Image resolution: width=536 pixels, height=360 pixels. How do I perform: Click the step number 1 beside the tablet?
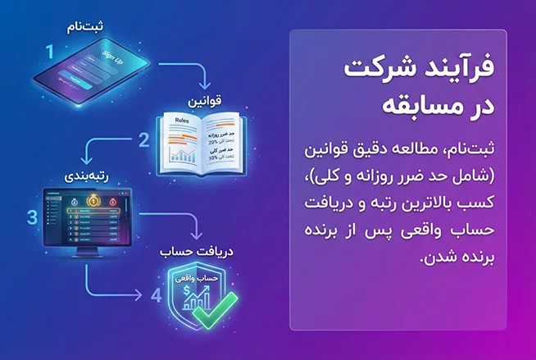coord(49,52)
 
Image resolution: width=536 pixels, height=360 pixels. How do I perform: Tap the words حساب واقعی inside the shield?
coord(201,279)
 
